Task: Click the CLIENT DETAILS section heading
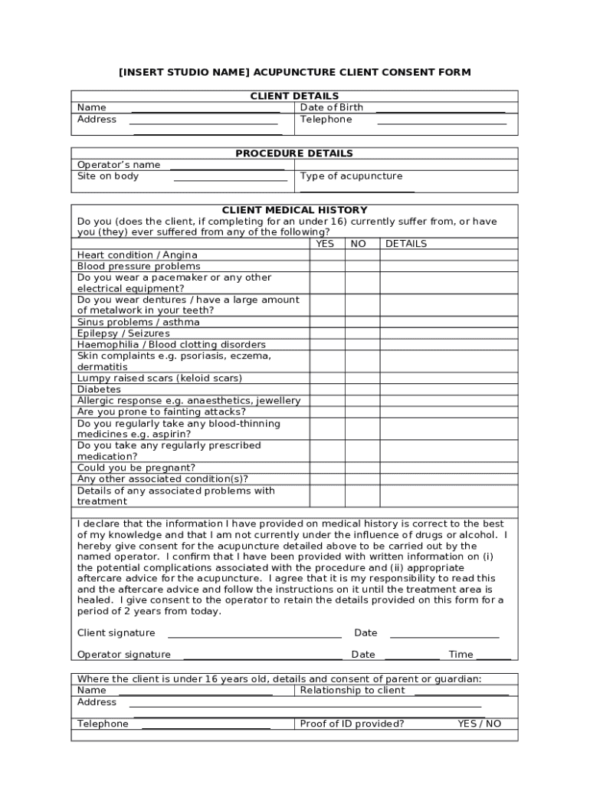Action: click(294, 96)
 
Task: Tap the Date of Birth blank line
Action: click(440, 111)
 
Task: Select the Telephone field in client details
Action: click(441, 122)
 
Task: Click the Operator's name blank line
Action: click(227, 168)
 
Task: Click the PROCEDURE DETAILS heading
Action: click(294, 153)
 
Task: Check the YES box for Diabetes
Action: click(327, 389)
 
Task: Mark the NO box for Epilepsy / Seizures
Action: click(362, 333)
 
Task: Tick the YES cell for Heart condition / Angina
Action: click(327, 255)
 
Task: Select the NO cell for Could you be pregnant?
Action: click(362, 468)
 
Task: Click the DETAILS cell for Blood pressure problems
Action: click(449, 266)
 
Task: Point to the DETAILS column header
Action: click(406, 244)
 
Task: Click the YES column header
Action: click(325, 244)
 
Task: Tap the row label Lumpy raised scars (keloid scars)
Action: click(159, 379)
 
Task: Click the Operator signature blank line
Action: click(262, 657)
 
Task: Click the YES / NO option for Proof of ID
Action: click(480, 724)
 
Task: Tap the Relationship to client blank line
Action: click(461, 693)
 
